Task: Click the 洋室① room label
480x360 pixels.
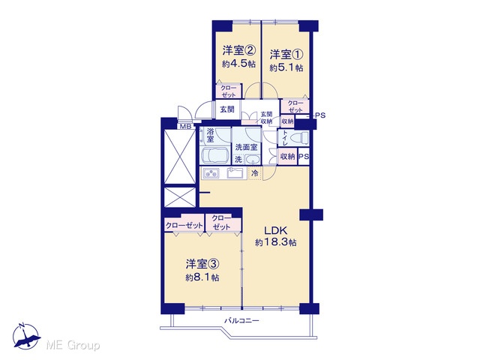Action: click(286, 55)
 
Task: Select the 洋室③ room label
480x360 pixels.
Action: click(202, 263)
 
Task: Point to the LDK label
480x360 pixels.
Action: click(275, 230)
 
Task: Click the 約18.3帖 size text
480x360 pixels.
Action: click(275, 243)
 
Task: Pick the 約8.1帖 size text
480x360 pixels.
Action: click(202, 277)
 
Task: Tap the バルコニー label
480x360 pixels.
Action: click(241, 321)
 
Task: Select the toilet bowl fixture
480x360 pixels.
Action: click(298, 139)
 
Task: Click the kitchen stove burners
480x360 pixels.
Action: click(211, 174)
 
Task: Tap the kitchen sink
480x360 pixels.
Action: click(235, 173)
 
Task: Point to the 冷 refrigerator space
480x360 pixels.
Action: click(255, 173)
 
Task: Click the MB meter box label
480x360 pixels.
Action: click(185, 127)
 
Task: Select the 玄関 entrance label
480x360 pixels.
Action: click(227, 109)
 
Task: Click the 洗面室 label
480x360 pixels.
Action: click(247, 147)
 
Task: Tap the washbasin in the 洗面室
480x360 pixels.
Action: click(253, 160)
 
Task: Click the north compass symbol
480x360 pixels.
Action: click(26, 336)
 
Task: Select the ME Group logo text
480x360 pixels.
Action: click(73, 346)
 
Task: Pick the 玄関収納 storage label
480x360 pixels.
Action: click(266, 118)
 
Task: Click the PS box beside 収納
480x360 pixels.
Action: click(304, 157)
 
